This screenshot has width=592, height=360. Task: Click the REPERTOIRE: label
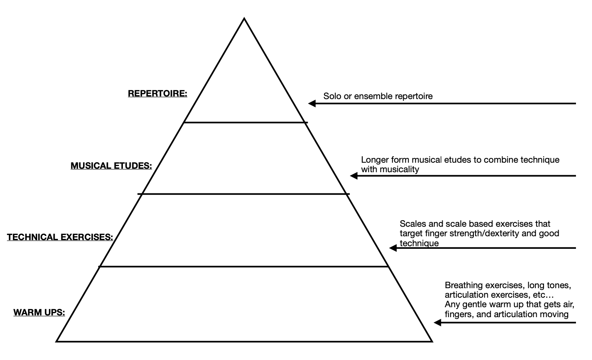(x=158, y=93)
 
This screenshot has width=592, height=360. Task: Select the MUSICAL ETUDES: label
(x=111, y=166)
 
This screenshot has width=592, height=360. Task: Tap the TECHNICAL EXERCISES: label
(x=60, y=237)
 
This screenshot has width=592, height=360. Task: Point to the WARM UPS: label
(x=39, y=312)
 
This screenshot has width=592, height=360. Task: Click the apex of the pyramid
(x=245, y=19)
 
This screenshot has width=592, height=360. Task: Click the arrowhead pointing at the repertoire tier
(x=312, y=103)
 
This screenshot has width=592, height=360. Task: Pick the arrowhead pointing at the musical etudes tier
(x=354, y=176)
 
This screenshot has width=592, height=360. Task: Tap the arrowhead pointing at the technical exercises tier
(x=393, y=248)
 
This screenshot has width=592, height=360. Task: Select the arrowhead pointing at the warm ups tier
(x=438, y=322)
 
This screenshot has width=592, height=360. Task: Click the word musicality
(x=399, y=169)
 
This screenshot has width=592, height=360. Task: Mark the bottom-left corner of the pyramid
(x=57, y=341)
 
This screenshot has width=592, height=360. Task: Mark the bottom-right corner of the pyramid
(x=431, y=341)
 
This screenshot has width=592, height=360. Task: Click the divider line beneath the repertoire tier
(x=245, y=122)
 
